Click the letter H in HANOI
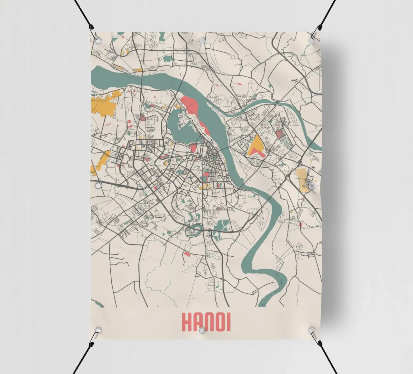pos(187,321)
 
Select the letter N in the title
pos(209,321)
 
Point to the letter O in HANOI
pos(220,321)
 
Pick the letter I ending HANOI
pos(228,321)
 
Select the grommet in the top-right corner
pos(312,40)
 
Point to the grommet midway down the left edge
pos(97,186)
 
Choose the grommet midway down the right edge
pos(311,186)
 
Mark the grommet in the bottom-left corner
pos(97,330)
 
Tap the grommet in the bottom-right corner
pos(311,330)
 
